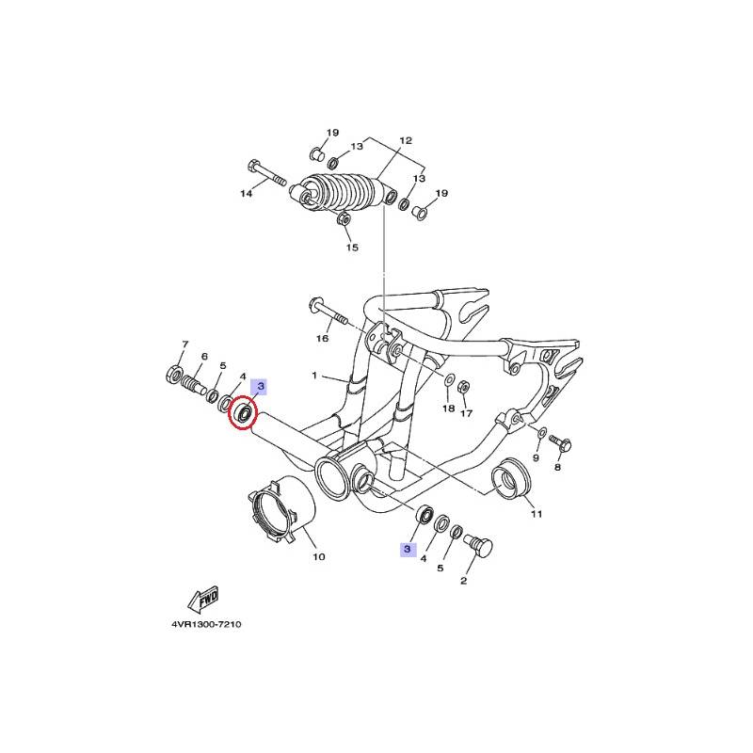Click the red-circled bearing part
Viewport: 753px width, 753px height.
tap(243, 412)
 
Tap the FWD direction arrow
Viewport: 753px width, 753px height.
tap(203, 600)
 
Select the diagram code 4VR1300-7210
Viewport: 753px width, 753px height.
tap(206, 624)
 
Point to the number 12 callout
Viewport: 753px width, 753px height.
tap(406, 140)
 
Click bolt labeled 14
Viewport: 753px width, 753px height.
tap(267, 174)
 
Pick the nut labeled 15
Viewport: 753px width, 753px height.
tap(343, 220)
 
